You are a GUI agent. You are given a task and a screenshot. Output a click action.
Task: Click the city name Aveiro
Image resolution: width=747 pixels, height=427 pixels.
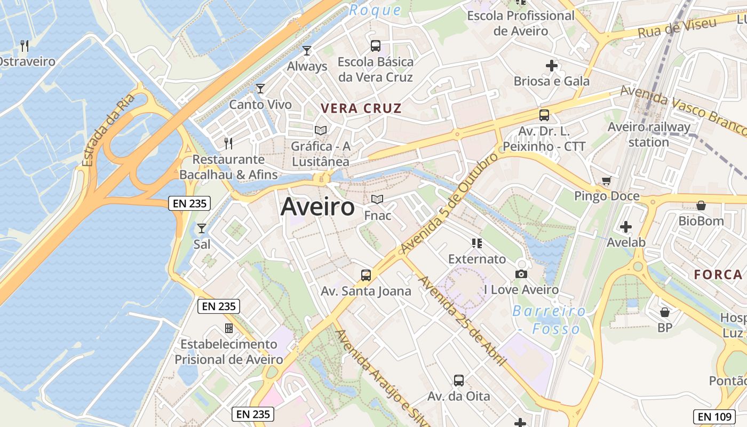[317, 207]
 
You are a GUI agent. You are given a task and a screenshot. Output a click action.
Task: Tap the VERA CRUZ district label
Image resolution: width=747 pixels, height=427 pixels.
[361, 108]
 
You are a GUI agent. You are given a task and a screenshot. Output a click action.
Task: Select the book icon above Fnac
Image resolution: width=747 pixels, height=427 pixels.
[377, 199]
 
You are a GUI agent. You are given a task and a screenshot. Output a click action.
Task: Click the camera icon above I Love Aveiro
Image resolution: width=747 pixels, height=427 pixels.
[521, 274]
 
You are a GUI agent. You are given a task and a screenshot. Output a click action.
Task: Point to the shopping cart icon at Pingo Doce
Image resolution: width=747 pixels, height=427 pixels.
[606, 181]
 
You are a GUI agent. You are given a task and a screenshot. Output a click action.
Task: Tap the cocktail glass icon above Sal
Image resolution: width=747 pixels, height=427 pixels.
[202, 228]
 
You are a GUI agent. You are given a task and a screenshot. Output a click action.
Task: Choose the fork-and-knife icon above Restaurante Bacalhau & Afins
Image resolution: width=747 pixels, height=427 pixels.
[228, 143]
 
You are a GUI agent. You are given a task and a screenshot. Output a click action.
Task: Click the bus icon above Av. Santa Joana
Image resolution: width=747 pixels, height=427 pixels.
[366, 275]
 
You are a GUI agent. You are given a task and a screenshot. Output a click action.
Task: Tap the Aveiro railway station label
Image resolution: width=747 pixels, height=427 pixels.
[649, 135]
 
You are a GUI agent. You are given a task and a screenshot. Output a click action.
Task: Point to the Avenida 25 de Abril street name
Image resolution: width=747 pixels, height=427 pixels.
[462, 320]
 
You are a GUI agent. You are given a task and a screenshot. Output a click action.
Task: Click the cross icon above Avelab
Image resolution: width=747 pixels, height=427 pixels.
[626, 227]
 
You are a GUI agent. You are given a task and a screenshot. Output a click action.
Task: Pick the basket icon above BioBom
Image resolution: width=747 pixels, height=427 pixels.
[701, 205]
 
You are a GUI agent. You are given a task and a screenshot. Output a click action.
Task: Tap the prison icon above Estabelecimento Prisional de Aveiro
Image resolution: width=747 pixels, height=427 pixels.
[229, 328]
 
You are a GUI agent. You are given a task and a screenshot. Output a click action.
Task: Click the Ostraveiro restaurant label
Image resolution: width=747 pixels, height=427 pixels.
[27, 61]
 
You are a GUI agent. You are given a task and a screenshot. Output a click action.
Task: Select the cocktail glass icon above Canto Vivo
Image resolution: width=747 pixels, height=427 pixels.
[260, 89]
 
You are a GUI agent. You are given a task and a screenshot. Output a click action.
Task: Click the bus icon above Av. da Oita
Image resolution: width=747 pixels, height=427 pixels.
[459, 381]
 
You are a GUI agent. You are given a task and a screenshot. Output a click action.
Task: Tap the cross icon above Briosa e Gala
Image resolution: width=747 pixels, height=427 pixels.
[552, 66]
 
